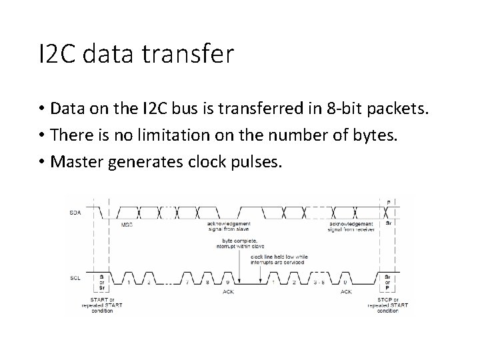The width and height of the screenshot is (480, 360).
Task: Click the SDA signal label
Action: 75,212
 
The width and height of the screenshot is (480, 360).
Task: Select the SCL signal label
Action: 75,277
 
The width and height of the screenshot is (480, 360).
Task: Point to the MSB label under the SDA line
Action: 127,225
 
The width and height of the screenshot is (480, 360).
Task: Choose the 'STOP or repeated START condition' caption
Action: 389,305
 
